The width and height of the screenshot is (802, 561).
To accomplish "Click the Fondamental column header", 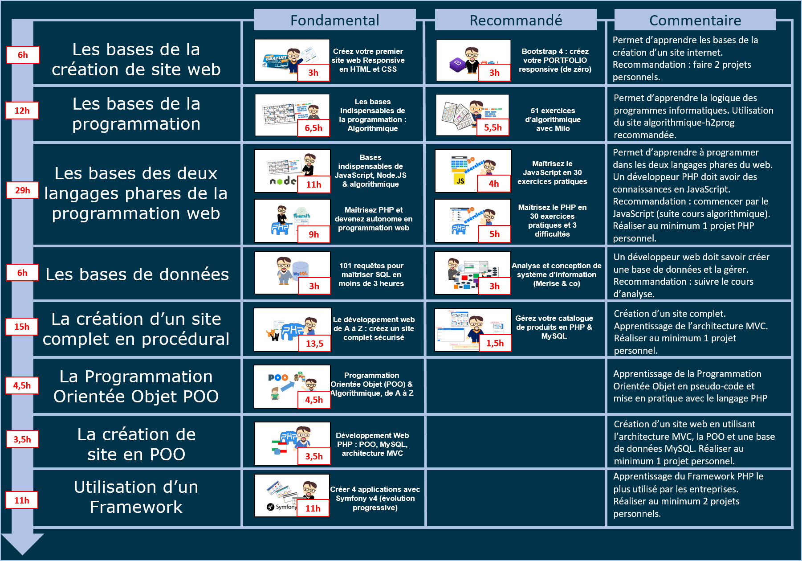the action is click(x=335, y=20).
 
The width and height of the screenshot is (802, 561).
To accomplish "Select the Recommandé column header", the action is click(x=516, y=20).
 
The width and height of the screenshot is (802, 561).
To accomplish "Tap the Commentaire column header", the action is click(x=695, y=20).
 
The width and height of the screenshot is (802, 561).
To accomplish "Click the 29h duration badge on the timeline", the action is click(x=22, y=190).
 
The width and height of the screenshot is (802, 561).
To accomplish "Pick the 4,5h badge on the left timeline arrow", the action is click(x=22, y=385).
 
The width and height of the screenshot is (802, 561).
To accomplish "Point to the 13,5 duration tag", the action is click(x=314, y=344).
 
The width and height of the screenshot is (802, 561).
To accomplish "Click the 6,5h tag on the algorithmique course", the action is click(x=313, y=128).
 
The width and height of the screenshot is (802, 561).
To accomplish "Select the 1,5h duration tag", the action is click(x=495, y=343).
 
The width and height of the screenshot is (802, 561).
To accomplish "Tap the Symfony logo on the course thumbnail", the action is click(x=281, y=507).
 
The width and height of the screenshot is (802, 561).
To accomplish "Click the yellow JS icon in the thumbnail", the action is click(x=460, y=180).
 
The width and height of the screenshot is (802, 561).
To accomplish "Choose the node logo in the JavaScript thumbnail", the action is click(x=283, y=180).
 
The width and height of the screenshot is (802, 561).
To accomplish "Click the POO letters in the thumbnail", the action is click(x=278, y=377).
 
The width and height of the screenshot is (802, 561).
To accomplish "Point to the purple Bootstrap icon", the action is click(x=457, y=65).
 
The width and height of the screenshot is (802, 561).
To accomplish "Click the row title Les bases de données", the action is click(x=137, y=274).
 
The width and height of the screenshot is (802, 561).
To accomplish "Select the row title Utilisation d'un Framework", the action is click(x=136, y=497).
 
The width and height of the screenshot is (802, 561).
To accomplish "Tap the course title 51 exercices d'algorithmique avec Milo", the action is click(x=553, y=119).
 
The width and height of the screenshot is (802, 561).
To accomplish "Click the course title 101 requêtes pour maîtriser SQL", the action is click(x=371, y=274).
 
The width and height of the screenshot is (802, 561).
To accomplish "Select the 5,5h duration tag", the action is click(x=493, y=127).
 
